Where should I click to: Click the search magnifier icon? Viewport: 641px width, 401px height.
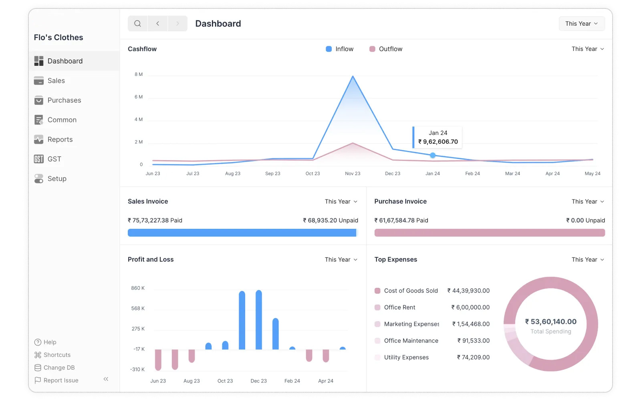(x=137, y=24)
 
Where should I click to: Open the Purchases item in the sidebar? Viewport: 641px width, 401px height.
(x=64, y=100)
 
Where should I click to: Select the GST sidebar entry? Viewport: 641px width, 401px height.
(x=54, y=159)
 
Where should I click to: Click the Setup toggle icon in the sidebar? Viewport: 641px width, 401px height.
(x=38, y=179)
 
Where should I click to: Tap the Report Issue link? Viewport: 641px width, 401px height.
(x=60, y=380)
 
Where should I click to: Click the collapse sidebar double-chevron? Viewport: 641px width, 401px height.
(x=106, y=379)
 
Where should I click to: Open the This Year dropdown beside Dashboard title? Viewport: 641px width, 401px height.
(x=582, y=24)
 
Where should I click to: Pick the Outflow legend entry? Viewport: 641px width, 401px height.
(x=386, y=49)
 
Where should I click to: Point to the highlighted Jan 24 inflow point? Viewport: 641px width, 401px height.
(x=433, y=155)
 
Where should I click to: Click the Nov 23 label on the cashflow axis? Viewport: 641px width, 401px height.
(x=353, y=173)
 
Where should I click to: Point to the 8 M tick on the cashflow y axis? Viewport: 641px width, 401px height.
(x=139, y=74)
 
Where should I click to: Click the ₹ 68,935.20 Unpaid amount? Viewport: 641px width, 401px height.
(x=331, y=220)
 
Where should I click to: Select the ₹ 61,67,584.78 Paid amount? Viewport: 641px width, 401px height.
(x=401, y=220)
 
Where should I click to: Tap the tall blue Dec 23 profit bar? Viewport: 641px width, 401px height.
(x=259, y=320)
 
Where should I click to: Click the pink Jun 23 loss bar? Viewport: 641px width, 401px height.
(x=158, y=360)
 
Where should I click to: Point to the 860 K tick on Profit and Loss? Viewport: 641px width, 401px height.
(x=138, y=288)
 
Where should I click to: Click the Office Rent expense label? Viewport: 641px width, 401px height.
(x=399, y=307)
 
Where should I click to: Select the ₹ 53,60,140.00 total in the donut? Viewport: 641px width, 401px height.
(x=550, y=322)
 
